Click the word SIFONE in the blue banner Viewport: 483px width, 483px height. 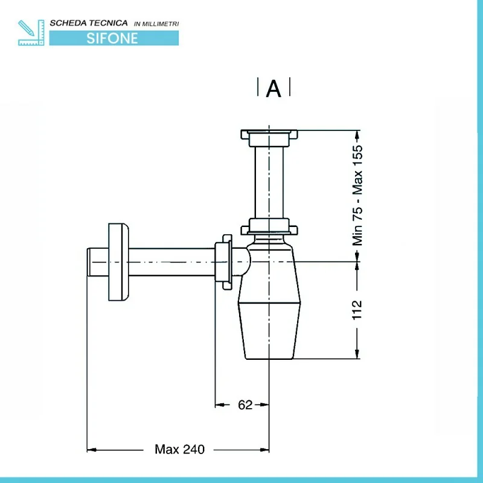[112, 37]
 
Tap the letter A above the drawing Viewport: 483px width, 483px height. [273, 89]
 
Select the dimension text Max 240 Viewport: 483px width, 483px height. [179, 449]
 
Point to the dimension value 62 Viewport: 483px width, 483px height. [245, 405]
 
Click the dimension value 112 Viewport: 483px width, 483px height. [357, 309]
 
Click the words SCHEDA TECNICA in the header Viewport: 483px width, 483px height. [89, 23]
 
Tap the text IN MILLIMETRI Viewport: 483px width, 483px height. [156, 24]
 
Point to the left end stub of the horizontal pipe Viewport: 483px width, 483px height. [97, 261]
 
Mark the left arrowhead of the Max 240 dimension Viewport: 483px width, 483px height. [92, 449]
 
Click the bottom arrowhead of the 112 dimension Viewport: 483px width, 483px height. [358, 354]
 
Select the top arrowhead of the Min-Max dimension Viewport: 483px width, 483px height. [358, 135]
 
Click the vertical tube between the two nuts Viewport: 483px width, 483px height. [269, 181]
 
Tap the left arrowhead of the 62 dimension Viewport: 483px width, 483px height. [220, 405]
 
